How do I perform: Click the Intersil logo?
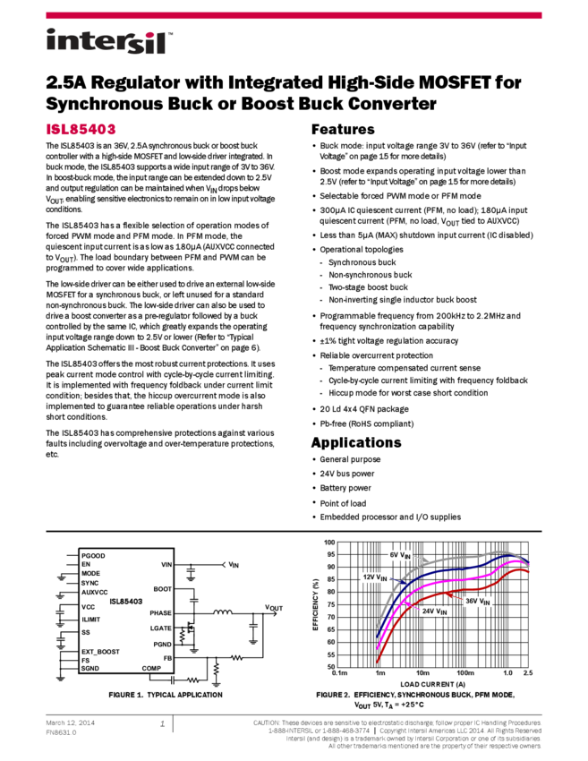tap(109, 42)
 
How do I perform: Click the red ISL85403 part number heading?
tap(81, 130)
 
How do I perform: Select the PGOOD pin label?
tap(93, 556)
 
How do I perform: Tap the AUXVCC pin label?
tap(94, 593)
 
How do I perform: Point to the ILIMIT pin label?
tap(90, 620)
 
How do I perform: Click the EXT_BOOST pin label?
tap(100, 652)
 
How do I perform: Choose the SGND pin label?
tap(90, 669)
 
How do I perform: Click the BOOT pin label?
tap(162, 589)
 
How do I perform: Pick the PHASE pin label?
tap(160, 613)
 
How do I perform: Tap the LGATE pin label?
tap(160, 628)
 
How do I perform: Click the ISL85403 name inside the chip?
tap(126, 602)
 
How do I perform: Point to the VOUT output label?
tap(273, 608)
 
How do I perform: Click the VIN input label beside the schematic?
tap(234, 565)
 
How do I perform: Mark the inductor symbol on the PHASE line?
tap(222, 613)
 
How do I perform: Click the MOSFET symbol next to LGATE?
tap(190, 633)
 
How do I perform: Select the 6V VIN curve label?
tap(400, 555)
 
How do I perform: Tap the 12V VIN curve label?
tap(375, 577)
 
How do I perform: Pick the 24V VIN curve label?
tap(434, 611)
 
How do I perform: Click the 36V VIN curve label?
tap(478, 602)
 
